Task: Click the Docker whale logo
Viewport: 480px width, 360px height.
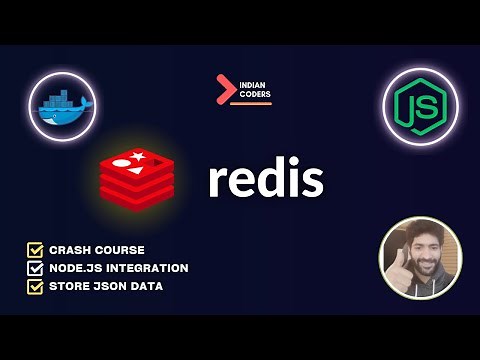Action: point(61,107)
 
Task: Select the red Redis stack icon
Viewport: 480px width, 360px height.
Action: point(137,176)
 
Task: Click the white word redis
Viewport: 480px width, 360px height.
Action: point(265,180)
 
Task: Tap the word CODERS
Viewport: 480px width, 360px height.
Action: point(255,94)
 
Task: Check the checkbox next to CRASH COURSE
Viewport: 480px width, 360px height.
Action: point(35,249)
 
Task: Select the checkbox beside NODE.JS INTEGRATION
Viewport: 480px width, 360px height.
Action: point(35,268)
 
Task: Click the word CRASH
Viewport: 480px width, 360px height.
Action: point(69,249)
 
